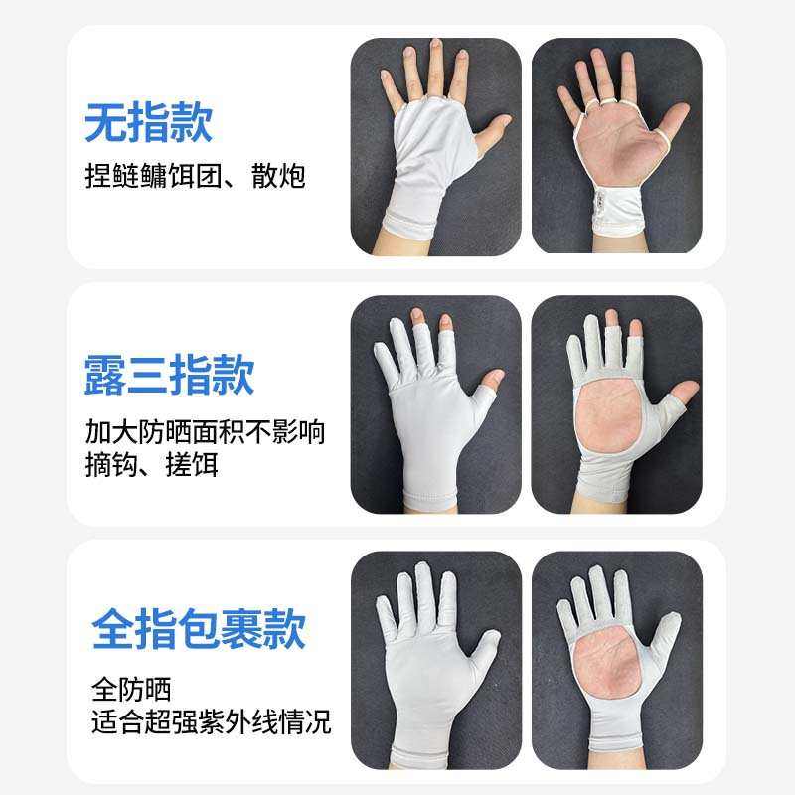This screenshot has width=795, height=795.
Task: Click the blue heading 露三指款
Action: tap(169, 375)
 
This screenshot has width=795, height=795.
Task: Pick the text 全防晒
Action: tap(130, 688)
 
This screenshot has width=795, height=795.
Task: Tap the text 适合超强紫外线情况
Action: tap(210, 719)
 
